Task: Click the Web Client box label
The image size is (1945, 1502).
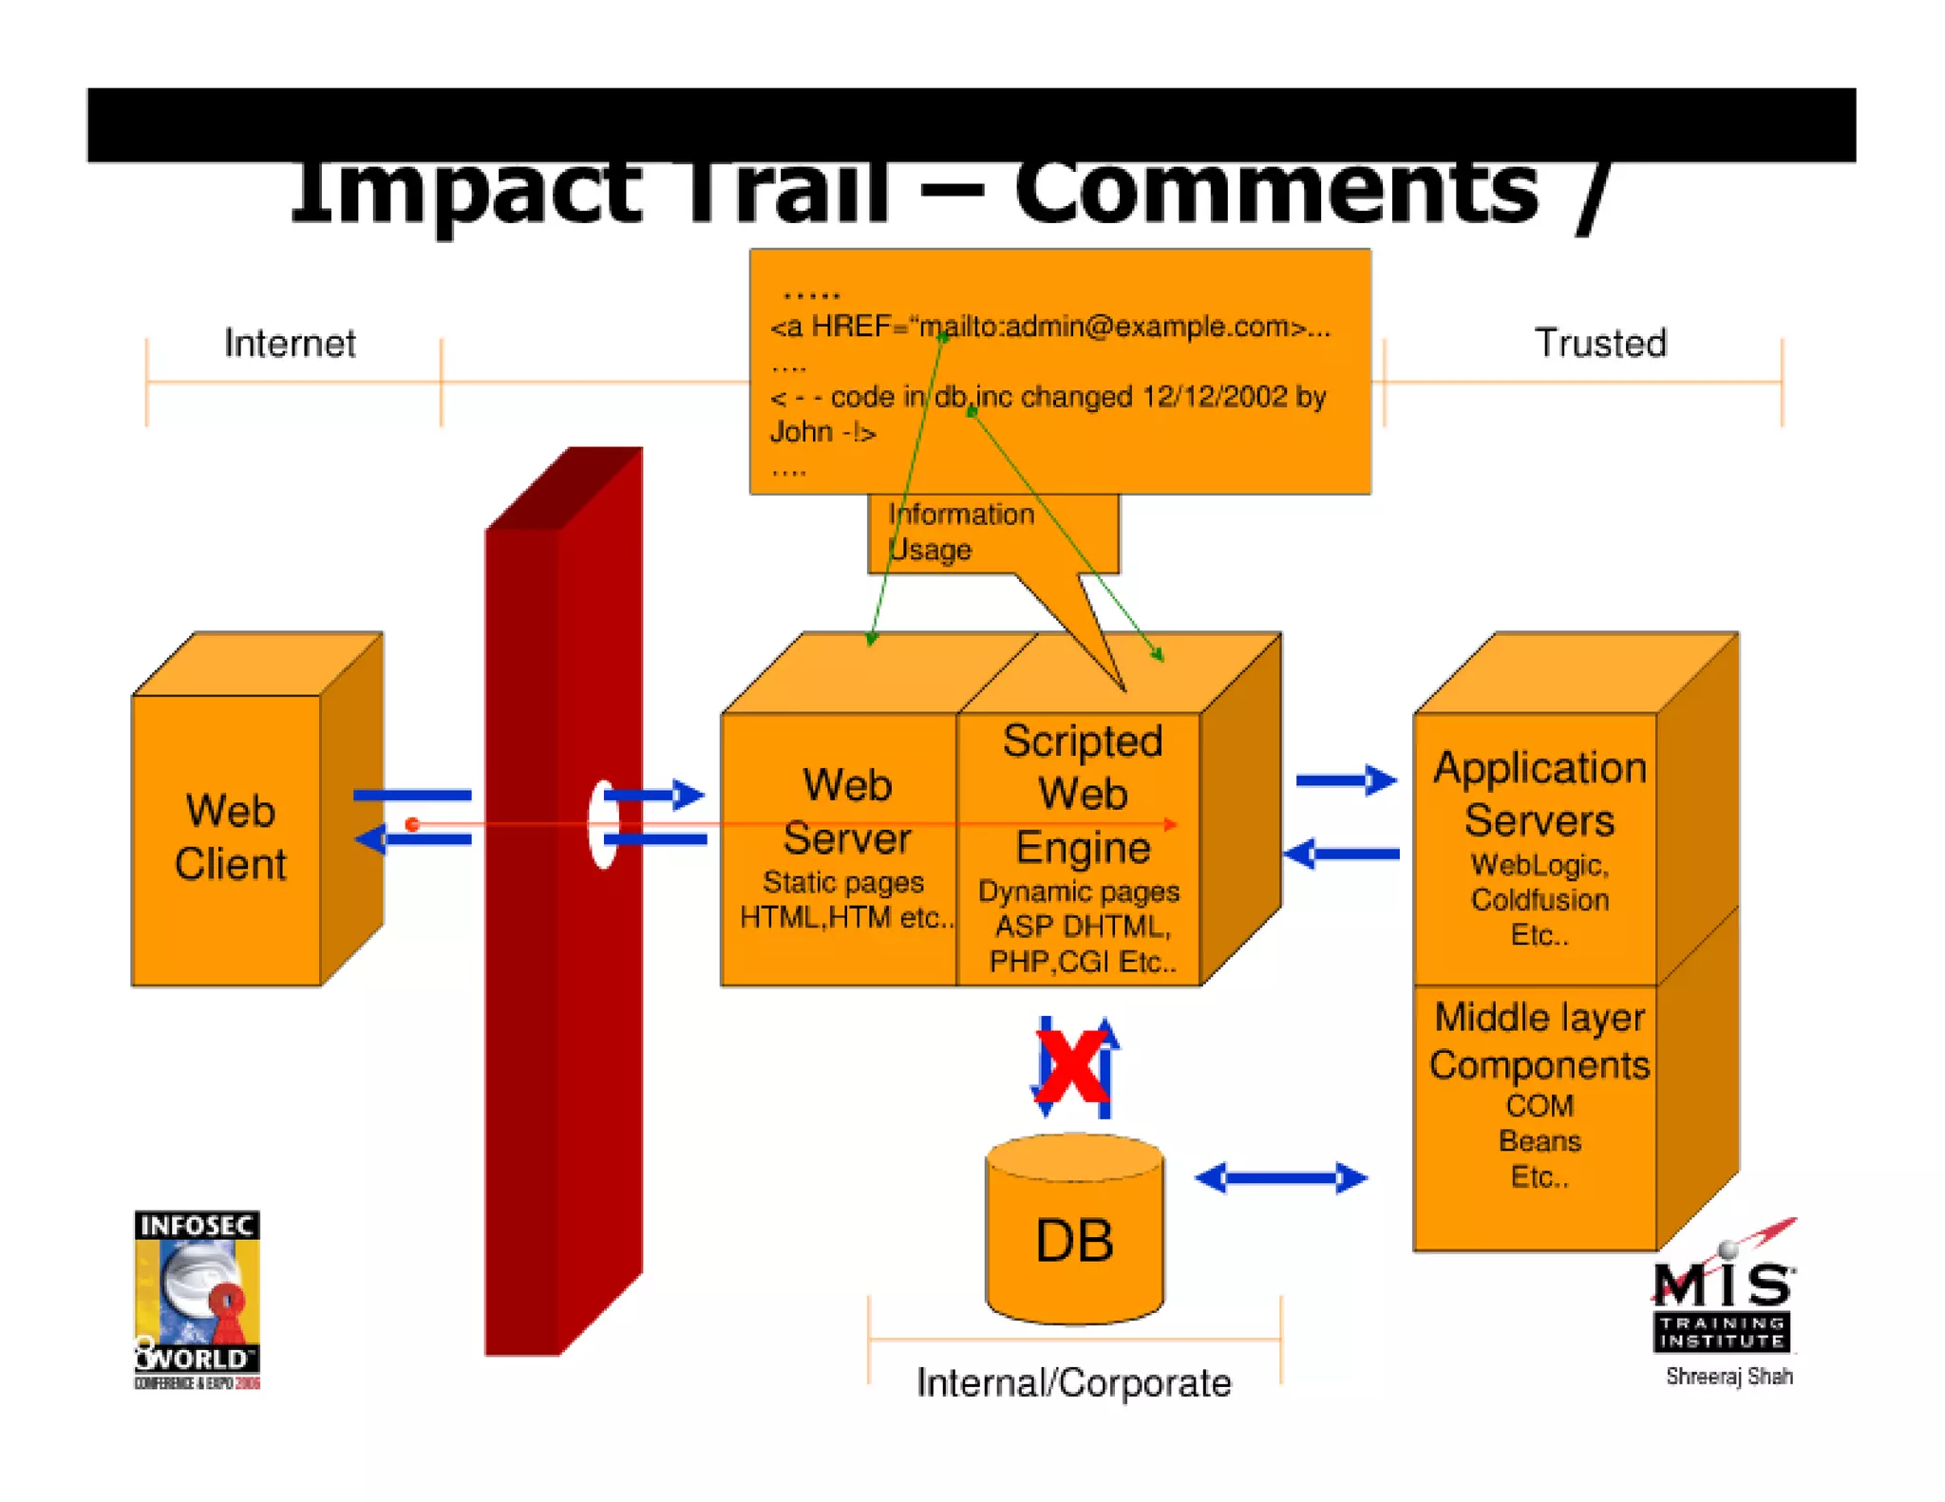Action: pyautogui.click(x=230, y=837)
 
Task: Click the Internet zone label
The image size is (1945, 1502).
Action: pyautogui.click(x=290, y=343)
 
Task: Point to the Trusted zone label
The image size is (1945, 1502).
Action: pyautogui.click(x=1600, y=343)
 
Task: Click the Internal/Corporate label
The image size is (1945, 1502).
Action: pyautogui.click(x=1073, y=1382)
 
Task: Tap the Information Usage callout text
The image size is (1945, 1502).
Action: pyautogui.click(x=959, y=532)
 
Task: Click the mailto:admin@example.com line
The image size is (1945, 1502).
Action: pyautogui.click(x=1049, y=327)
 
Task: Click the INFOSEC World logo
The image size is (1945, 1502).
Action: pyautogui.click(x=197, y=1299)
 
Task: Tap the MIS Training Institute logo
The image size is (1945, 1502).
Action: pyautogui.click(x=1723, y=1301)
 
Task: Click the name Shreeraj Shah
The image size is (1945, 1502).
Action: pyautogui.click(x=1728, y=1377)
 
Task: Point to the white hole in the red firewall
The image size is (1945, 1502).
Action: pyautogui.click(x=601, y=824)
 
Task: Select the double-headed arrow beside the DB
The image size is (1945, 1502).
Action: pyautogui.click(x=1280, y=1178)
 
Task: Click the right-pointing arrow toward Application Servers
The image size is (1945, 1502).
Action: pyautogui.click(x=1346, y=780)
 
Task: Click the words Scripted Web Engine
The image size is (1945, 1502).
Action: pyautogui.click(x=1082, y=794)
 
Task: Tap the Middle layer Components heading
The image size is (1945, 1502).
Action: pyautogui.click(x=1539, y=1041)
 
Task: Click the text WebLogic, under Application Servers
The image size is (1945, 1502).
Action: pyautogui.click(x=1539, y=865)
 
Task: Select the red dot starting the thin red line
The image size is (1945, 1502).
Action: pyautogui.click(x=412, y=824)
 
